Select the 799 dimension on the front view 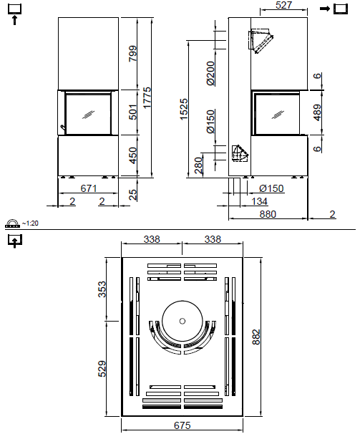(132, 54)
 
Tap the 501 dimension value (132, 112)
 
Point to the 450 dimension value (132, 156)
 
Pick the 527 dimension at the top (284, 6)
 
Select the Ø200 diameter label (210, 73)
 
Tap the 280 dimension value (198, 165)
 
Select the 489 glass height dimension (317, 112)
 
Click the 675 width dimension (183, 425)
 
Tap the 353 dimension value (103, 289)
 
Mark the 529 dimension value (103, 369)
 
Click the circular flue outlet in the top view (183, 320)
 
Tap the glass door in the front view (89, 112)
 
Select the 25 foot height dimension (132, 194)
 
